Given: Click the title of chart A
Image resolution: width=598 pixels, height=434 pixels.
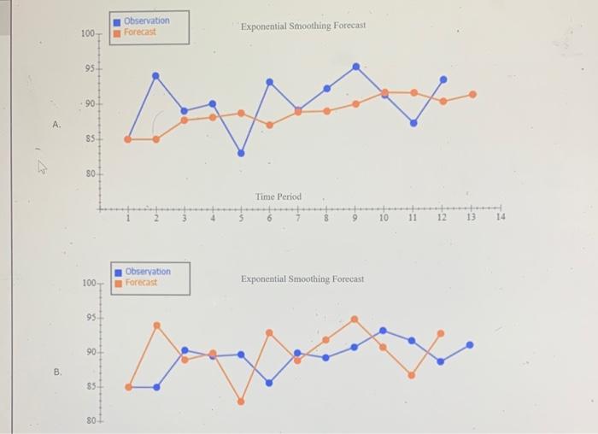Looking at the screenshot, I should pos(302,26).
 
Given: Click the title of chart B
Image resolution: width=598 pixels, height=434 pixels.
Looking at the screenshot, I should pos(302,279).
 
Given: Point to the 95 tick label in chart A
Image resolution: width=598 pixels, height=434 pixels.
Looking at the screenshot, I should pos(89,67).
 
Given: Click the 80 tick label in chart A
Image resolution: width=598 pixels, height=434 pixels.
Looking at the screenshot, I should pos(89,174).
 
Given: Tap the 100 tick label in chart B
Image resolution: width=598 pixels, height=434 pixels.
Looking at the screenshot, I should pos(88,282).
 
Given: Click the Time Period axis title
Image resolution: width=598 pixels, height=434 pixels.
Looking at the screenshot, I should pos(278,196).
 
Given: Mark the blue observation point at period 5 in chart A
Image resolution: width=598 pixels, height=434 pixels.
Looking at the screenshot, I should pos(241,153).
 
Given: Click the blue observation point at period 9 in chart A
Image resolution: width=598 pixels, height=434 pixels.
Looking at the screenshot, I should pos(356,66).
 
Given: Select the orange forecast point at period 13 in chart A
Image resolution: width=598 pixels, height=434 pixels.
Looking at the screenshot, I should pos(472,94).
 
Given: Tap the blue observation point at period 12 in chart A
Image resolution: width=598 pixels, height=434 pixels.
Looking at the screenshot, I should pos(443,79).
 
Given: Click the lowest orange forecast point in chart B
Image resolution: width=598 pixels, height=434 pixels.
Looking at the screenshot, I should pos(242,401).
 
